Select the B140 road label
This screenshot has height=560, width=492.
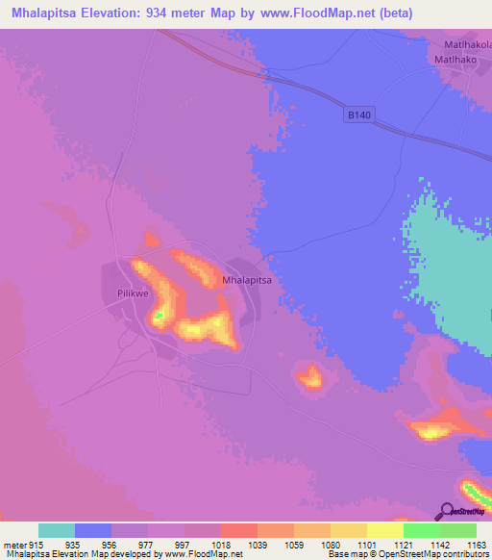[357, 115]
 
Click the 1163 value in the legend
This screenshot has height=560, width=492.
[464, 544]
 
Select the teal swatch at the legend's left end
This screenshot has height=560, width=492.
[57, 530]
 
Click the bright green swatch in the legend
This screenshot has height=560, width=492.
[422, 530]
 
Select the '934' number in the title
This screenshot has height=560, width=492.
[175, 13]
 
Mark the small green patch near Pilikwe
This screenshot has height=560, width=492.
[159, 314]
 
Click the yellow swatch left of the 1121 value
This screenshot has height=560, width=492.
[385, 530]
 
